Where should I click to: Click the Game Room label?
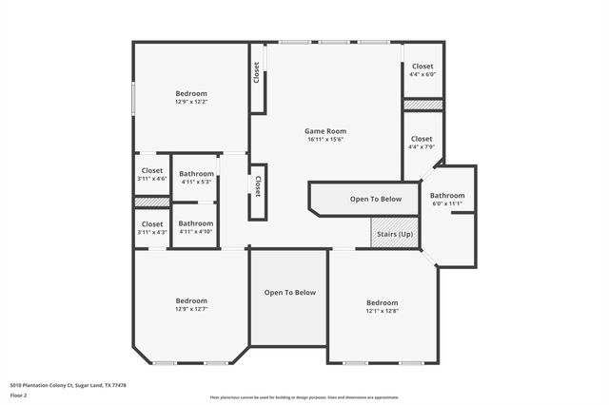click(x=324, y=130)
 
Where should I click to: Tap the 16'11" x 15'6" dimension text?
click(x=324, y=139)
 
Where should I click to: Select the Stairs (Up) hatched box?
click(x=394, y=233)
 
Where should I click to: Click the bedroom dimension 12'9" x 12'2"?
click(x=191, y=101)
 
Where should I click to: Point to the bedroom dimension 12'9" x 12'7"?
click(x=191, y=309)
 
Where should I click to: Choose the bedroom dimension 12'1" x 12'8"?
click(x=382, y=311)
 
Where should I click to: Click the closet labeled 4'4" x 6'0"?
click(x=422, y=70)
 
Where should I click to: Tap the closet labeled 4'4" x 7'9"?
click(x=422, y=144)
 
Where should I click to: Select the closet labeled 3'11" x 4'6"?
click(x=151, y=175)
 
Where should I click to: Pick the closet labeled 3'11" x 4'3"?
click(x=151, y=228)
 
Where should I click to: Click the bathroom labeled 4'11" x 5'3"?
click(x=197, y=178)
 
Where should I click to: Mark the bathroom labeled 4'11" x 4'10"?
click(x=197, y=228)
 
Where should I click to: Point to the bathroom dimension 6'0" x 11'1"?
click(x=447, y=202)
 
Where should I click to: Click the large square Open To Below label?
click(x=289, y=293)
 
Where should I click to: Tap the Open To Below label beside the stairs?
click(x=376, y=199)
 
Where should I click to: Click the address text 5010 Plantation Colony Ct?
click(x=66, y=385)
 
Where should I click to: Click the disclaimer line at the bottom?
click(x=304, y=398)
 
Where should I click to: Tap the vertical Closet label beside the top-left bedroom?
click(x=257, y=73)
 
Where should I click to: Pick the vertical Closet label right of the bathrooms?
click(x=257, y=185)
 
